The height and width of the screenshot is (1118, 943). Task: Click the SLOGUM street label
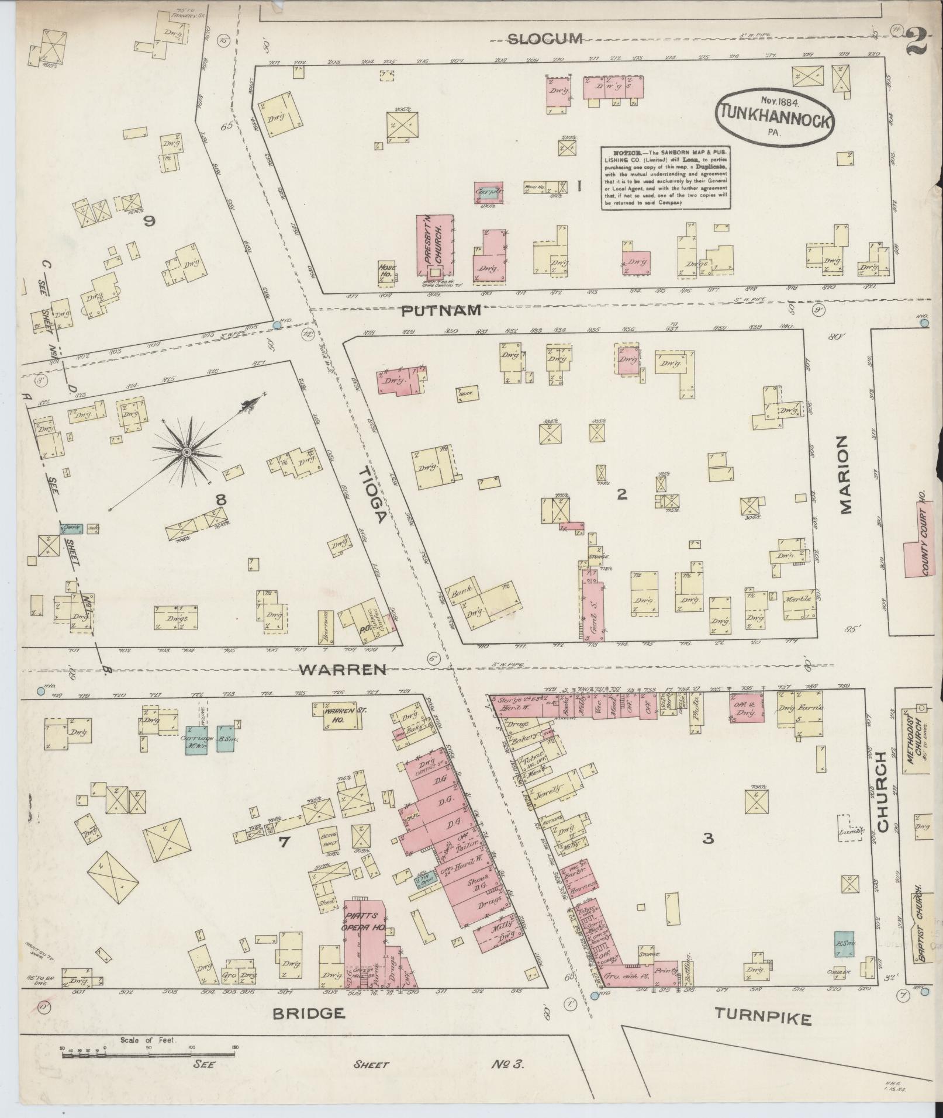click(544, 39)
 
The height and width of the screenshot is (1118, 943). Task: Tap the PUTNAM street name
click(441, 310)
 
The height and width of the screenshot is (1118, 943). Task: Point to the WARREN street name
click(343, 670)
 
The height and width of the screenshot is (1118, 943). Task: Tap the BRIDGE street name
click(308, 1013)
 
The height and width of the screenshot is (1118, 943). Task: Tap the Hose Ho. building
click(387, 272)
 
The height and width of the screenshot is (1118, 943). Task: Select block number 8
click(220, 500)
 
